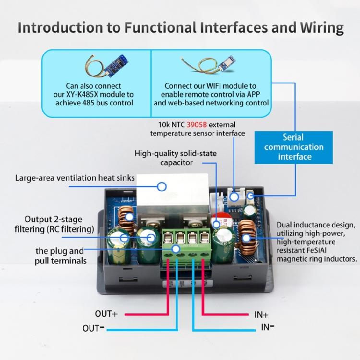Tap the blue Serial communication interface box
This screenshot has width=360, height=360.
(293, 147)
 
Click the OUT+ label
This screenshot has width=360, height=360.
(106, 314)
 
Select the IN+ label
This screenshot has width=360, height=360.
(262, 315)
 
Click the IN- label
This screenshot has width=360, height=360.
(267, 328)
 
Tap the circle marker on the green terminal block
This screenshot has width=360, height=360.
(176, 249)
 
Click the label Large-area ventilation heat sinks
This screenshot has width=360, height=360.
(75, 178)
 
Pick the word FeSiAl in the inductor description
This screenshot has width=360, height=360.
(328, 250)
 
